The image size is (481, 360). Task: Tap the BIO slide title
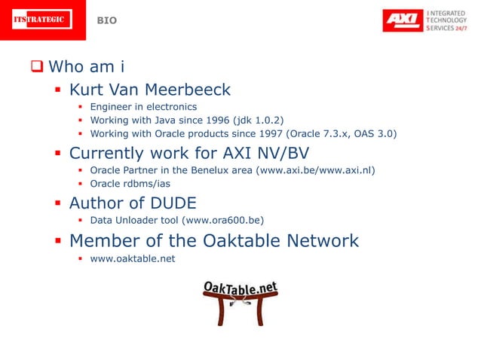[x=107, y=20]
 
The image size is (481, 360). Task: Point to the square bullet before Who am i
[x=35, y=66]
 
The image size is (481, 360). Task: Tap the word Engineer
[x=112, y=107]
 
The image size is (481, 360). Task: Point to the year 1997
[x=250, y=134]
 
